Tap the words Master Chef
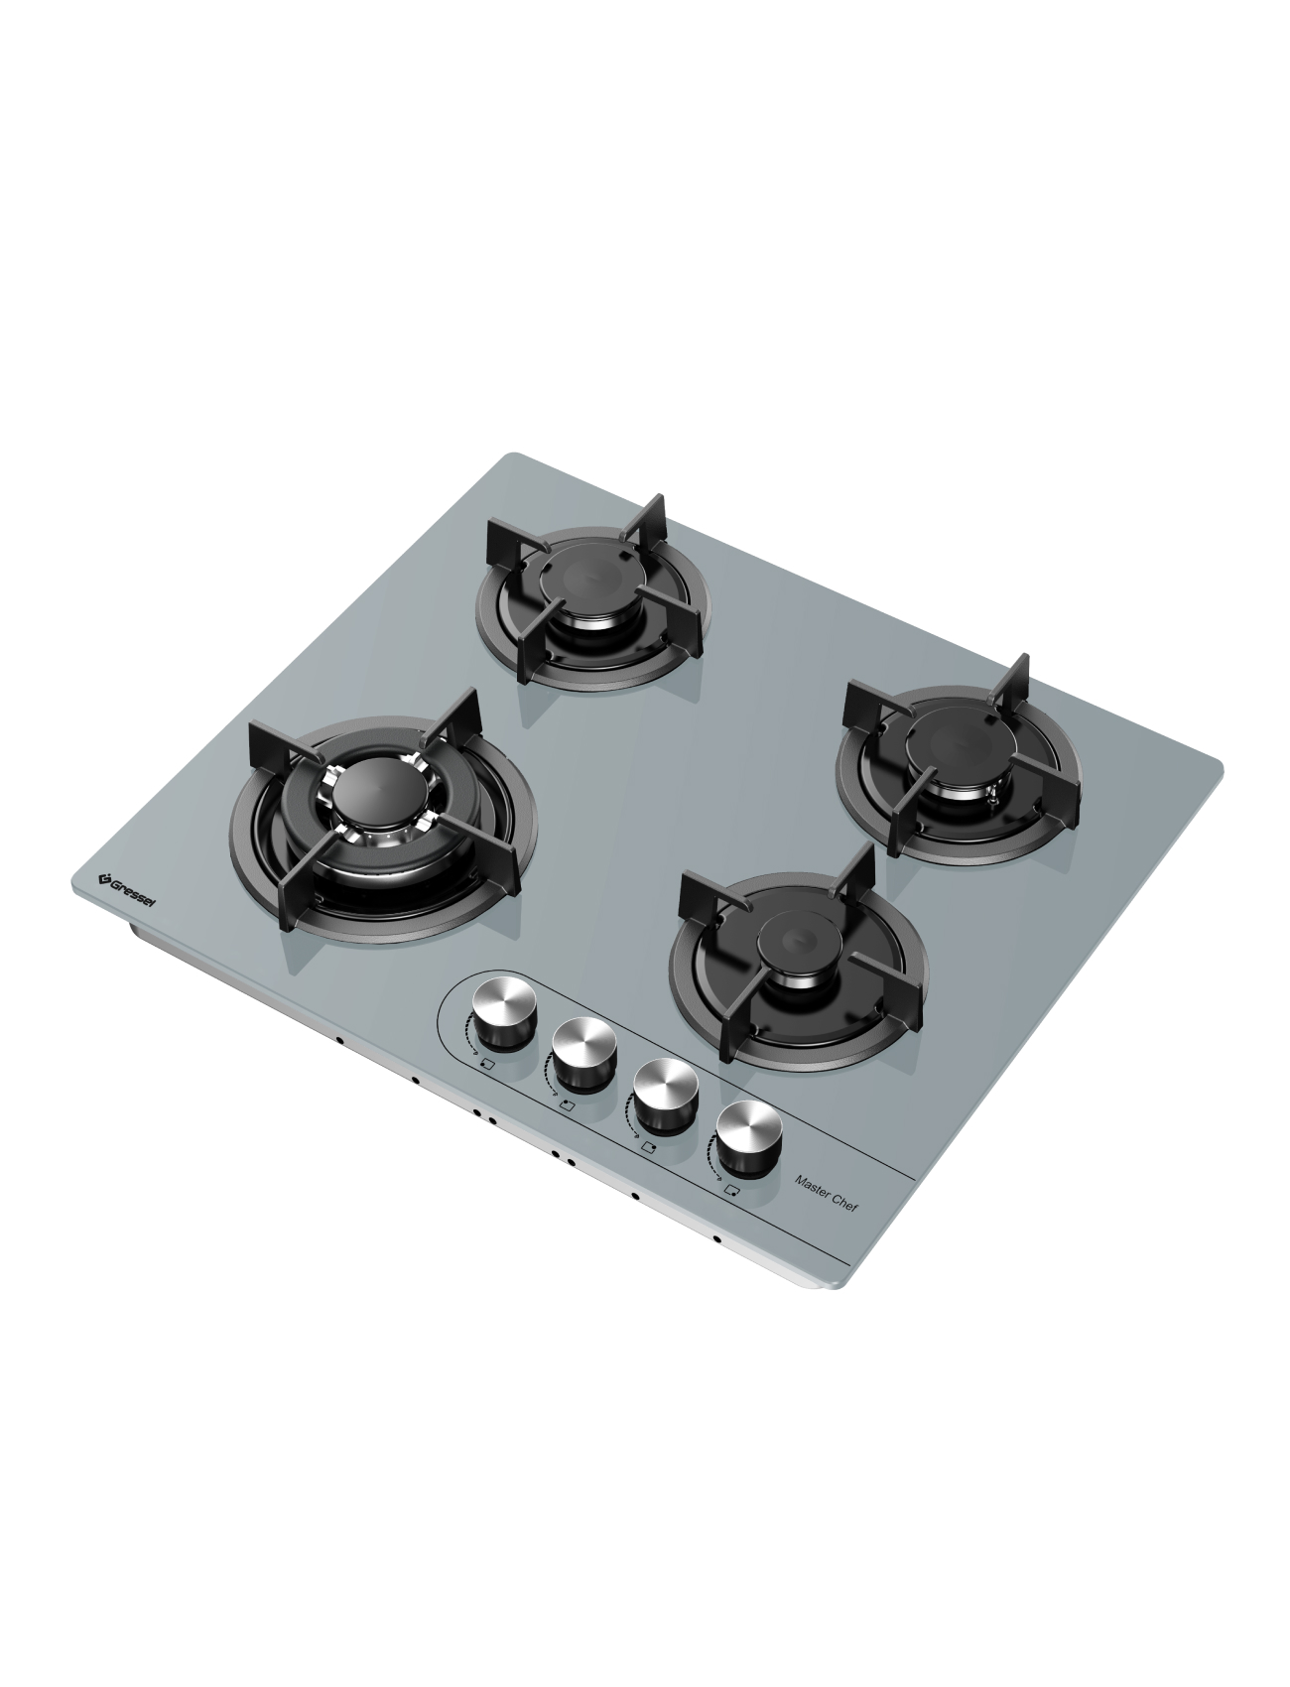(x=827, y=1194)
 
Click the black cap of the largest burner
(x=370, y=793)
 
